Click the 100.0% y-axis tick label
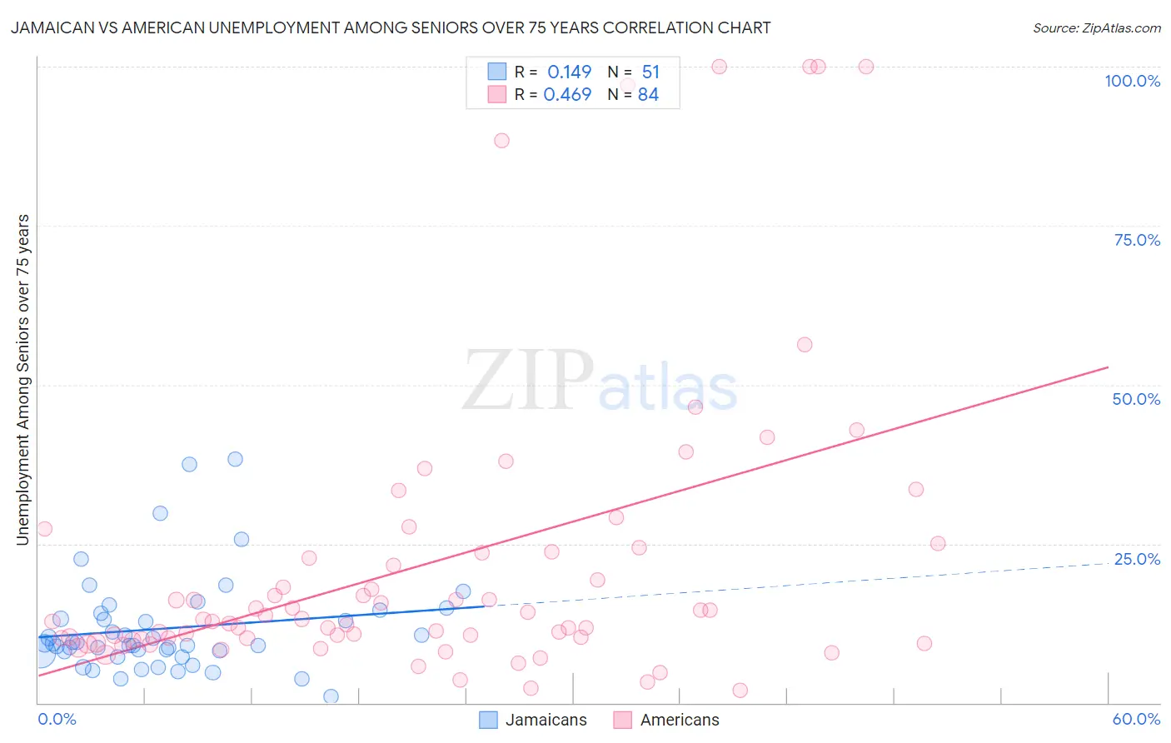(1132, 81)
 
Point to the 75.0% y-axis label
(1137, 240)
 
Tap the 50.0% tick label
(1136, 399)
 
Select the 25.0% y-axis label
(1137, 559)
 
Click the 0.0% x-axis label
(57, 719)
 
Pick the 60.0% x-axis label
(1136, 719)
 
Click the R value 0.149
(569, 72)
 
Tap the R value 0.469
(567, 95)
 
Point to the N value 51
(650, 72)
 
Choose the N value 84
(648, 95)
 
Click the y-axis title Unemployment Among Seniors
(22, 380)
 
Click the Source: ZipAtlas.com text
(1096, 27)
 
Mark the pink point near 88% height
(501, 141)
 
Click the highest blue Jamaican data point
(235, 459)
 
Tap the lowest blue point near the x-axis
(331, 696)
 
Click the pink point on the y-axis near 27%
(44, 529)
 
